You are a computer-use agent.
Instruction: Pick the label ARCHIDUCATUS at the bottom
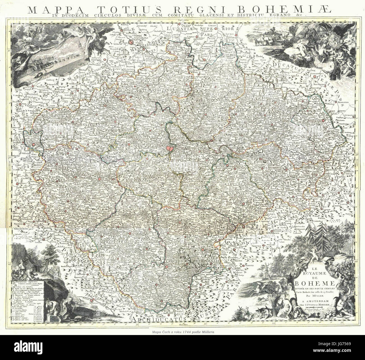tap(152, 319)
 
